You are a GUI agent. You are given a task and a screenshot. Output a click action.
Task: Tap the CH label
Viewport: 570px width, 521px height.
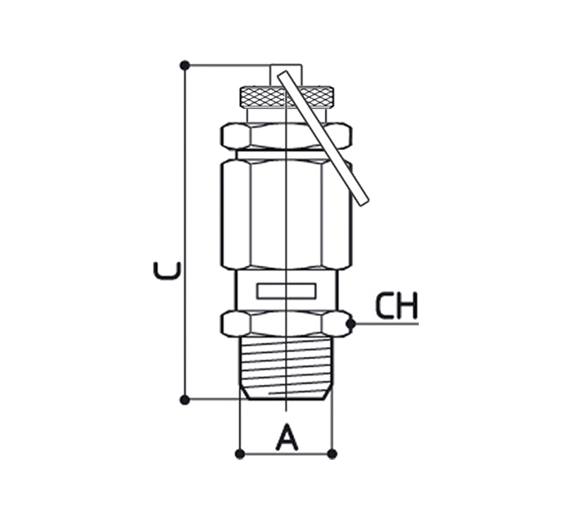coord(397,306)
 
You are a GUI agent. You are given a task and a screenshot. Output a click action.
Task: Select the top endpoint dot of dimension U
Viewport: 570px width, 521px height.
coord(185,66)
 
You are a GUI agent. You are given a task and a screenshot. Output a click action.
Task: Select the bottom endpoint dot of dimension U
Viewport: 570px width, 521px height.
coord(185,400)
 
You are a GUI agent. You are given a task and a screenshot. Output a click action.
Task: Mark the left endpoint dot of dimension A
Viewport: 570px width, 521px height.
coord(240,454)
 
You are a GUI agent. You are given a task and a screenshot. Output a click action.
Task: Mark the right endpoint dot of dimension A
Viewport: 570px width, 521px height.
coord(332,454)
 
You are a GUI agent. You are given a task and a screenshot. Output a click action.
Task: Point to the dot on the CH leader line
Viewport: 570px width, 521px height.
coord(351,324)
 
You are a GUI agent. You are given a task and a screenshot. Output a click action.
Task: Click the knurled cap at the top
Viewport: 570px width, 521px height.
coord(286,97)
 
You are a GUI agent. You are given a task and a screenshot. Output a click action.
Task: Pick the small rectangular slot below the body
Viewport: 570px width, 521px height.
coord(286,291)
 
